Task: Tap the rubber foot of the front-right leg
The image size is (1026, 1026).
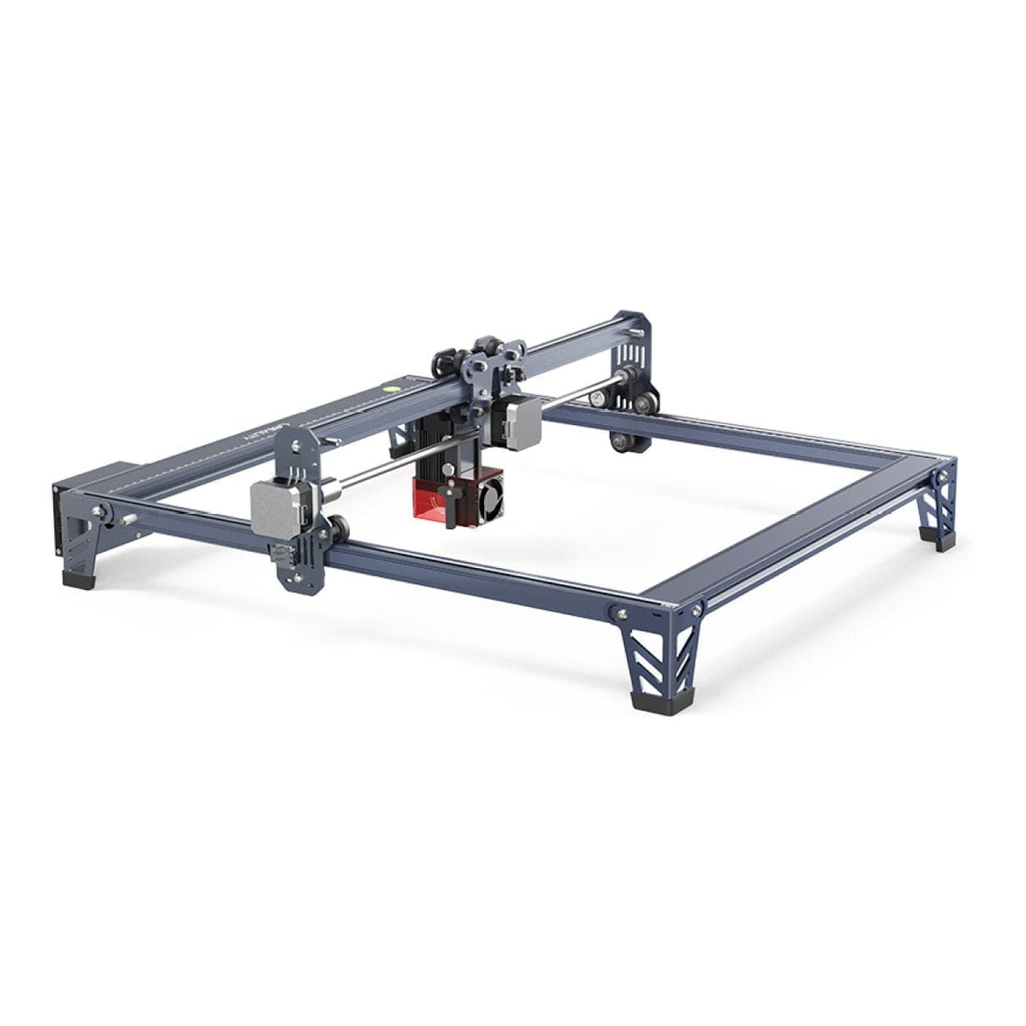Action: (x=647, y=700)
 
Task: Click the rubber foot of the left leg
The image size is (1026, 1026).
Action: (x=78, y=581)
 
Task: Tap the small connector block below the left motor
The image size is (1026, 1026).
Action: (x=279, y=554)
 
